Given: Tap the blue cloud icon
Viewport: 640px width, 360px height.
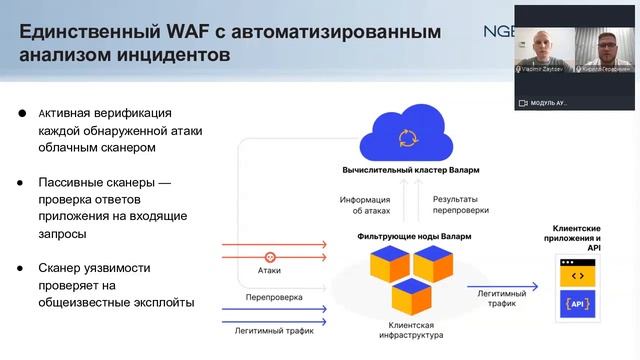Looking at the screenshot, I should (407, 138).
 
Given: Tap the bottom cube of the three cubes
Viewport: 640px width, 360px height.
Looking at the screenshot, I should (412, 297).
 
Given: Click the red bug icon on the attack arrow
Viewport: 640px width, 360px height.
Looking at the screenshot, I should (270, 256).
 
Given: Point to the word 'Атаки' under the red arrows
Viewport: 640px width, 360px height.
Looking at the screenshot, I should (269, 271).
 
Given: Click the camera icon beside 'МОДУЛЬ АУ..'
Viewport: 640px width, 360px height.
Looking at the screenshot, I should (523, 102).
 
